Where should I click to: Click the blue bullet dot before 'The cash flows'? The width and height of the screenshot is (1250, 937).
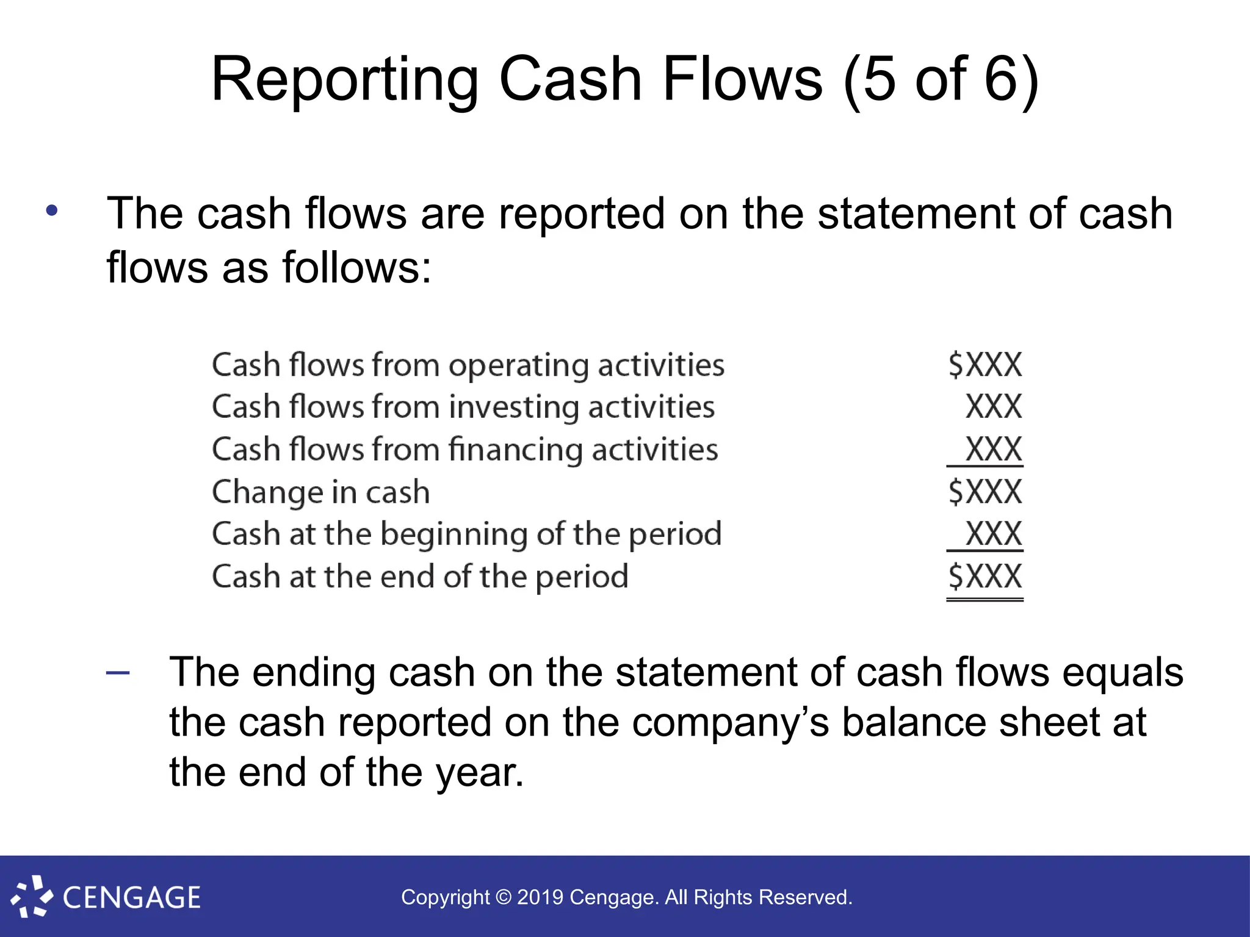(x=52, y=210)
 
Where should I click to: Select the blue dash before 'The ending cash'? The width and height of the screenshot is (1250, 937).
(x=118, y=672)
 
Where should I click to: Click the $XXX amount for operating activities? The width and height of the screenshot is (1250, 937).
(x=985, y=365)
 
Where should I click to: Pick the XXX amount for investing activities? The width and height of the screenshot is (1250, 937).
(x=994, y=407)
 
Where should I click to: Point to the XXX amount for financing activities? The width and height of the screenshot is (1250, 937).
(x=994, y=450)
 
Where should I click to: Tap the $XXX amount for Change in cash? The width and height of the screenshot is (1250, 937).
(x=985, y=492)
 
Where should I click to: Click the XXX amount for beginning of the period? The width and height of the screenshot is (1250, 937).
(x=994, y=534)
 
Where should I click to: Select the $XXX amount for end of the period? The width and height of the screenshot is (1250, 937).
(x=985, y=576)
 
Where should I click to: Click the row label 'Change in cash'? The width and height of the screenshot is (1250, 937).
(x=321, y=492)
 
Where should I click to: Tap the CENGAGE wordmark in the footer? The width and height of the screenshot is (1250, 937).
(x=132, y=898)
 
